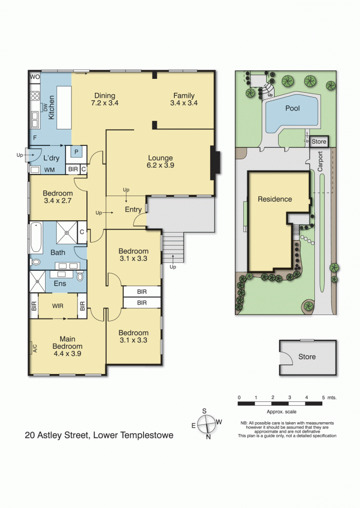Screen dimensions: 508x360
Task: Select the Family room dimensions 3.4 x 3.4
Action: click(x=184, y=103)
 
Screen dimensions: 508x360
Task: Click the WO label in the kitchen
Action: click(x=35, y=77)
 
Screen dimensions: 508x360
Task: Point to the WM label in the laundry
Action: click(x=50, y=170)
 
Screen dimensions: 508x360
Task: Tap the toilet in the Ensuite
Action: click(x=80, y=277)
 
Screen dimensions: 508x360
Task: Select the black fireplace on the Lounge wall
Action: click(x=215, y=162)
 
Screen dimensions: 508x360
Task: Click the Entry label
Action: click(x=133, y=210)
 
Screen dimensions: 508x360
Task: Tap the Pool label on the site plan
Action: click(x=292, y=108)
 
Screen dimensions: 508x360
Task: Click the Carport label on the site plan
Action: click(x=320, y=162)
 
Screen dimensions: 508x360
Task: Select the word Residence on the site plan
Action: click(x=275, y=199)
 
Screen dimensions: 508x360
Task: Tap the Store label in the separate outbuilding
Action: click(x=307, y=357)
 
